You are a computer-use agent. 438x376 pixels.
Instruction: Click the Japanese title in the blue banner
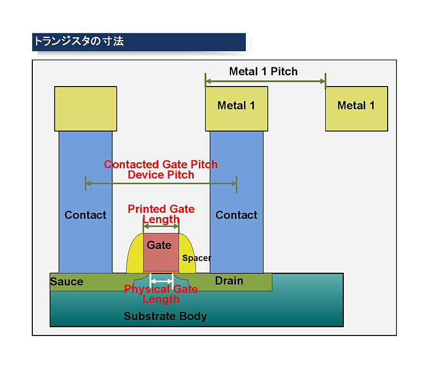coord(79,42)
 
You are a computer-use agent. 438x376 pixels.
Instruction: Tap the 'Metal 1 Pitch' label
coord(263,71)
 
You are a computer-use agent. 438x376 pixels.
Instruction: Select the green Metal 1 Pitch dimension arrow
coord(266,82)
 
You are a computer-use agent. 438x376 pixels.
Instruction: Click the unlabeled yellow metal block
coord(85,109)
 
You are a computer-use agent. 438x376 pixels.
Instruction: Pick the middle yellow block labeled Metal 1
coord(237,109)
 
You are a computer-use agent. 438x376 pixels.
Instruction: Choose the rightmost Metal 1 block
coord(356,109)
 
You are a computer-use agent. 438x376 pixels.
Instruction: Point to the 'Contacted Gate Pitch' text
coord(161,164)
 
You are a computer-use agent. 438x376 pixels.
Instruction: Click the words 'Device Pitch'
coord(161,175)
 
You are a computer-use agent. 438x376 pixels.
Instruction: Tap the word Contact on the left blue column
coord(85,215)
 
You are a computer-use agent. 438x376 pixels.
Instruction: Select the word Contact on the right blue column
coord(237,215)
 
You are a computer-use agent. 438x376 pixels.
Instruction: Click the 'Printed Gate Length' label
coord(161,214)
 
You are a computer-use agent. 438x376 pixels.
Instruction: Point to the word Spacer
coord(197,258)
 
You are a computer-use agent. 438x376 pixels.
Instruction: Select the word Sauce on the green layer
coord(67,282)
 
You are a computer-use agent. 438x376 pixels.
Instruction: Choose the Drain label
coord(229,281)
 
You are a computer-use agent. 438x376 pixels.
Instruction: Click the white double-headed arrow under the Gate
coord(162,281)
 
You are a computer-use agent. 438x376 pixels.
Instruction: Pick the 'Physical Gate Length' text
coord(161,294)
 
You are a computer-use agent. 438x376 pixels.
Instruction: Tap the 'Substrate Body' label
coord(165,316)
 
